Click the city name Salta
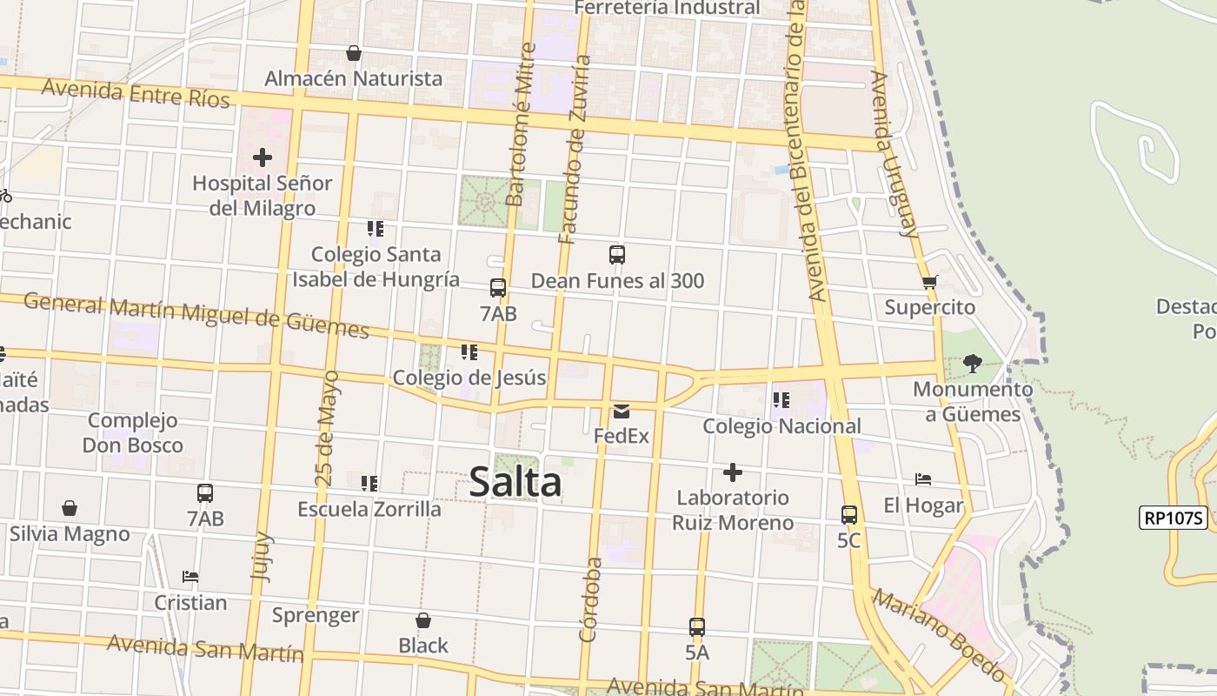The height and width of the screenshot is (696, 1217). tap(515, 482)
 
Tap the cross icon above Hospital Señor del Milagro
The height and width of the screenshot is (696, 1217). tap(263, 157)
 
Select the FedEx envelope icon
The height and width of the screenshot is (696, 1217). tap(622, 412)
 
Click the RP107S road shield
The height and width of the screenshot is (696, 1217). tap(1174, 518)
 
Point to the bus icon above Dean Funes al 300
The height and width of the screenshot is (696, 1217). tap(617, 255)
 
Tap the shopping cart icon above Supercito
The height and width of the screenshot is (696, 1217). tap(930, 282)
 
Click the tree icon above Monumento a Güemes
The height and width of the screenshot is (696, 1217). tap(973, 363)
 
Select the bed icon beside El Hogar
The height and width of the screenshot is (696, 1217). tap(923, 479)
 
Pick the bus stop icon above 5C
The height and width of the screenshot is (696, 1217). tap(849, 515)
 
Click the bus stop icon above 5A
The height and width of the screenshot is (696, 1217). tap(697, 626)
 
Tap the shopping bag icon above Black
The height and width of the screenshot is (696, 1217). tap(423, 620)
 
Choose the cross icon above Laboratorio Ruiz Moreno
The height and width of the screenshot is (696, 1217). tap(733, 472)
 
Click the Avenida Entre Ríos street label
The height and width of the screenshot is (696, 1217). tap(136, 92)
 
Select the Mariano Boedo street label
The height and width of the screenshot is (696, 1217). tap(939, 635)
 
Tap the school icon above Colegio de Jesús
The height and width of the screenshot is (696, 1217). tap(469, 352)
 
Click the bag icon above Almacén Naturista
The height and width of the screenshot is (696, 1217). tap(354, 53)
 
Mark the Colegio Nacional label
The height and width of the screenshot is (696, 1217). tap(781, 426)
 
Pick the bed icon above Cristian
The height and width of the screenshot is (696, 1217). tap(190, 577)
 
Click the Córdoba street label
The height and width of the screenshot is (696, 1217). tap(590, 599)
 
